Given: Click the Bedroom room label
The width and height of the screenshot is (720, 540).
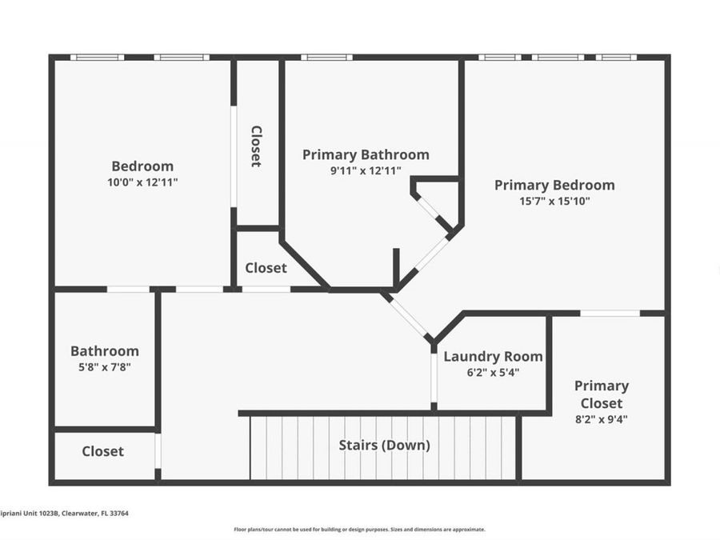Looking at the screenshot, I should point(142,166).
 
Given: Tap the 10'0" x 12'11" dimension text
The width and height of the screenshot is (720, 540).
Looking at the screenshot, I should point(142,182).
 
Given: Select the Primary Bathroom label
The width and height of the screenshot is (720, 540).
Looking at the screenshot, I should point(366,154).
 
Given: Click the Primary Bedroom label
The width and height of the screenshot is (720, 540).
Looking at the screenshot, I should point(554,185).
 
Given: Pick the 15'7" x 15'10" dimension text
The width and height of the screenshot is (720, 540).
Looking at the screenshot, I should point(554,201).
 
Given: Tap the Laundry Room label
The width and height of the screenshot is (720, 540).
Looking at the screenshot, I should point(493,357).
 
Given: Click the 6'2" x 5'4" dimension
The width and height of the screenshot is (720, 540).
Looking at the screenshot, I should point(493,372).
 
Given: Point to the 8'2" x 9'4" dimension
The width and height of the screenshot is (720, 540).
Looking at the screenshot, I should point(602,418).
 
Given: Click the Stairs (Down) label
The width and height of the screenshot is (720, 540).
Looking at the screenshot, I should point(384,445).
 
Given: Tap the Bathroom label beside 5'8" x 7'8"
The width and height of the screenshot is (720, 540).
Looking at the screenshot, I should point(105,351).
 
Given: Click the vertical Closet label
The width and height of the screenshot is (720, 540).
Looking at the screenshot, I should point(256,146).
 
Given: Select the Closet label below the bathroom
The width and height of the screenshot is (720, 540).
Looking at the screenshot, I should point(103,451).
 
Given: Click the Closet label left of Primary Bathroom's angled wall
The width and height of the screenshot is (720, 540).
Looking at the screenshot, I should point(266,268).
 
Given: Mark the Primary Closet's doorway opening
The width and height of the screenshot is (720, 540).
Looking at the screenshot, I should point(610,313).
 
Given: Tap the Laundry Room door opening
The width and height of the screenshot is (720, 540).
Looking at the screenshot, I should point(434,378).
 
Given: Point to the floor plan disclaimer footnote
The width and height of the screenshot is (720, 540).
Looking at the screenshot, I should point(359,529).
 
